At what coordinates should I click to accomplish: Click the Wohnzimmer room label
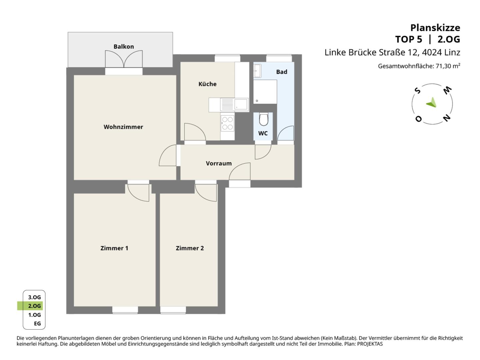click(123, 127)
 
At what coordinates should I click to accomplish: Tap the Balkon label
click(124, 47)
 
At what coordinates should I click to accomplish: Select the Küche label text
click(207, 84)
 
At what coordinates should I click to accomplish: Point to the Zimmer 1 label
click(114, 248)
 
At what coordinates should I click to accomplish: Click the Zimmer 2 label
click(190, 248)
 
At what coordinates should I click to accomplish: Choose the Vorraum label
click(219, 163)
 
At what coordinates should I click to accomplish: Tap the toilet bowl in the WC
click(264, 119)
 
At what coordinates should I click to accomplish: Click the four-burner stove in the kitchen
click(227, 123)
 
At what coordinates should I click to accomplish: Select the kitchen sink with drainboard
click(234, 104)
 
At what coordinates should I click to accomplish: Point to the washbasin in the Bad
click(257, 71)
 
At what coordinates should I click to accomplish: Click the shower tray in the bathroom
click(265, 92)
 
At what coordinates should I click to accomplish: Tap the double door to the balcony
click(124, 59)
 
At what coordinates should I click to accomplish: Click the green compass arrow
click(432, 103)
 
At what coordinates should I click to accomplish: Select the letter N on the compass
click(447, 118)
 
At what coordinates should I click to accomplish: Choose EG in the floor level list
click(37, 323)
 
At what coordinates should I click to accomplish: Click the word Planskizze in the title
click(435, 28)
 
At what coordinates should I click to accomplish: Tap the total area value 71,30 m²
click(448, 66)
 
